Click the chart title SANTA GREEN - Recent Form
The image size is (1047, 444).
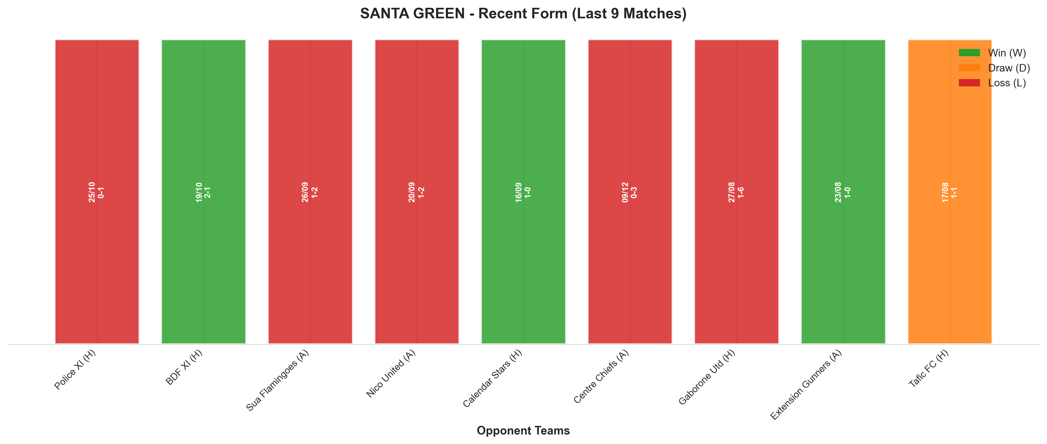(523, 13)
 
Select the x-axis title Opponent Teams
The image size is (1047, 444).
(523, 431)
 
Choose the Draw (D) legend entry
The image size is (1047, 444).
(994, 68)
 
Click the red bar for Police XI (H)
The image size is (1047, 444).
(97, 192)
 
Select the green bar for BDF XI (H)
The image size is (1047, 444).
(204, 192)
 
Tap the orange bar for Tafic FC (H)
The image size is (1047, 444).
(950, 192)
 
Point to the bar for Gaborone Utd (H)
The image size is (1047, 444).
(736, 192)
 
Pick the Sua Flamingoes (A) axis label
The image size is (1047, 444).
(278, 380)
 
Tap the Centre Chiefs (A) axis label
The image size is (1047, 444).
(601, 376)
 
